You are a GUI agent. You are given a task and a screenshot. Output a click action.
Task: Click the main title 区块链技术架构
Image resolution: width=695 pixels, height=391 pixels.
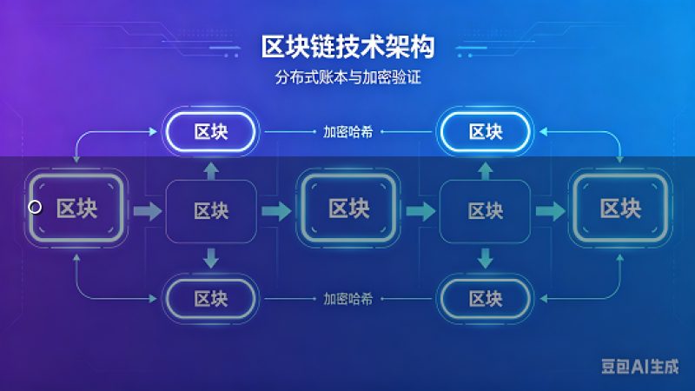point(347,47)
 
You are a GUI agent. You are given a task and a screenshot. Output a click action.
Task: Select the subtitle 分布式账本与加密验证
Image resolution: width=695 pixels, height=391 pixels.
point(347,77)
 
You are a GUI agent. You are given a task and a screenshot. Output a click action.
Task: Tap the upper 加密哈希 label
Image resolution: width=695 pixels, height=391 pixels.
point(348,132)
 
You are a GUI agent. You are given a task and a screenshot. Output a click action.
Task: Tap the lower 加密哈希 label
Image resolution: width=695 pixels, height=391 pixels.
point(348,299)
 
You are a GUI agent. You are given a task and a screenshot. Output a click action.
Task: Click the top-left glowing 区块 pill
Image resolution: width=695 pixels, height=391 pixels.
point(210,132)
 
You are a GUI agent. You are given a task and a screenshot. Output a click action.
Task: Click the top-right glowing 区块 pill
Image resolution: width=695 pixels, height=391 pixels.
point(486,132)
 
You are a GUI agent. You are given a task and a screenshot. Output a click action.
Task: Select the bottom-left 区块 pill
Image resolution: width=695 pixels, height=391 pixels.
point(210,299)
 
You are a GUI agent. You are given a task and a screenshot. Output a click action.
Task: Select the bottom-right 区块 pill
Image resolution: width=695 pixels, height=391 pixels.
point(486,299)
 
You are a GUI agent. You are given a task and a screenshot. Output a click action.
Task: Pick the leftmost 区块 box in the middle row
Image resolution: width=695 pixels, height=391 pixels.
point(76,208)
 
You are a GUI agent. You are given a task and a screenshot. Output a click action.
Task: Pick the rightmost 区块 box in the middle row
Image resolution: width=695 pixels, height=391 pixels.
point(620,208)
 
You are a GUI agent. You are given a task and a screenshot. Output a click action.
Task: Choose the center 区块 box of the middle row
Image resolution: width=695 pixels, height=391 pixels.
point(348,208)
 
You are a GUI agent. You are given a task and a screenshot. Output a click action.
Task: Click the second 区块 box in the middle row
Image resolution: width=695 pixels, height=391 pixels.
point(211,211)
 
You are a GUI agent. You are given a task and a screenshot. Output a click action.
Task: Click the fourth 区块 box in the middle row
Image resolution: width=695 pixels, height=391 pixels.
point(485,211)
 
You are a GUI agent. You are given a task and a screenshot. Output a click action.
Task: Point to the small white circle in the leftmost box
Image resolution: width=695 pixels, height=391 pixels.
point(35,207)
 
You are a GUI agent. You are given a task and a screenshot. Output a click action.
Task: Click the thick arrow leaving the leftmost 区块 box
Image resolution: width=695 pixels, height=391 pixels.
point(148,211)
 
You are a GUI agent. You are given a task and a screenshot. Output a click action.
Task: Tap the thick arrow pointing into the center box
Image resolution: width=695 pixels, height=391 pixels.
point(276,211)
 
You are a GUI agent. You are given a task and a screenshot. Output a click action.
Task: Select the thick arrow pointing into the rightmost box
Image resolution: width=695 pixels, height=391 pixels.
point(551,211)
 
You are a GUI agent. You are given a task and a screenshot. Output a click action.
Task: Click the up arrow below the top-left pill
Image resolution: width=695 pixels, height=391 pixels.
point(211,170)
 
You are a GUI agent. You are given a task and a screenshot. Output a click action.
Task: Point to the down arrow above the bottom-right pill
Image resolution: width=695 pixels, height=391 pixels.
point(485,258)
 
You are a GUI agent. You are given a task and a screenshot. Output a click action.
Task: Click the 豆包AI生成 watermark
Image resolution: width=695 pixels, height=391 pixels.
point(639,366)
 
